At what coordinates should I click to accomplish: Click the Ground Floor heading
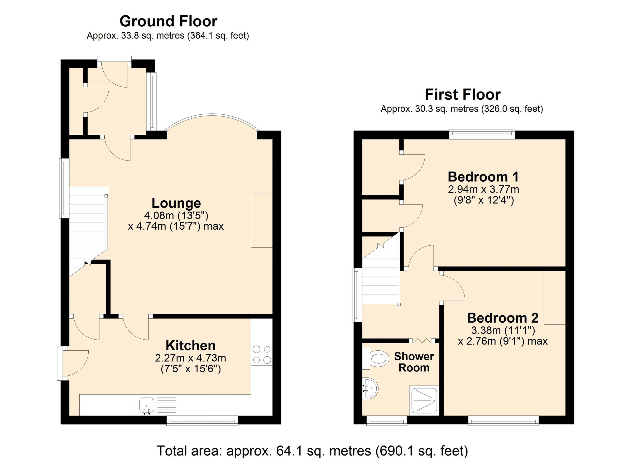click(x=168, y=21)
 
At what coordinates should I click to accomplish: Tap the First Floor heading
click(x=462, y=95)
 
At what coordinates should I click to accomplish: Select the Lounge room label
click(x=176, y=203)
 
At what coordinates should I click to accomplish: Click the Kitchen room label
click(x=191, y=346)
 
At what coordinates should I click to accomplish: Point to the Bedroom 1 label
click(x=483, y=177)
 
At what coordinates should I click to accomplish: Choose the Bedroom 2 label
click(x=502, y=318)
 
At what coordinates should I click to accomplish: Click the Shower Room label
click(x=414, y=362)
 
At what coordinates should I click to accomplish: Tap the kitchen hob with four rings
click(x=262, y=355)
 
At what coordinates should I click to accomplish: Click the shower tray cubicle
click(x=424, y=401)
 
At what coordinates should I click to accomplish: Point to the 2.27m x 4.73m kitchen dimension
click(x=191, y=358)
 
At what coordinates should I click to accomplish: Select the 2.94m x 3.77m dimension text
click(x=483, y=190)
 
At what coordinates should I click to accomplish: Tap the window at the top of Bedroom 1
click(x=482, y=134)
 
